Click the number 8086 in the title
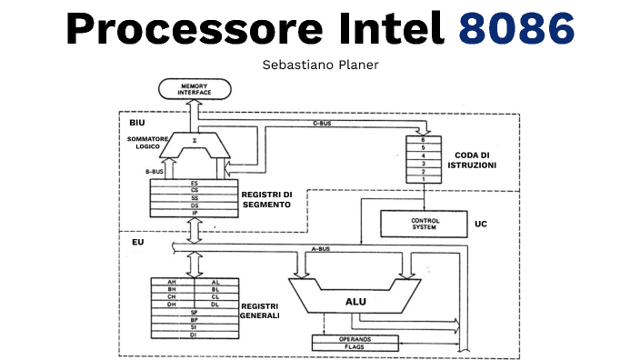pyautogui.click(x=517, y=30)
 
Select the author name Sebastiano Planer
pyautogui.click(x=320, y=65)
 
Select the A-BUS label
pyautogui.click(x=320, y=246)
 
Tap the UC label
pyautogui.click(x=481, y=223)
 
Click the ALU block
pyautogui.click(x=355, y=300)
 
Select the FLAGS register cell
pyautogui.click(x=355, y=346)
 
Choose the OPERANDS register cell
pyautogui.click(x=355, y=338)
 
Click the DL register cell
pyautogui.click(x=215, y=305)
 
